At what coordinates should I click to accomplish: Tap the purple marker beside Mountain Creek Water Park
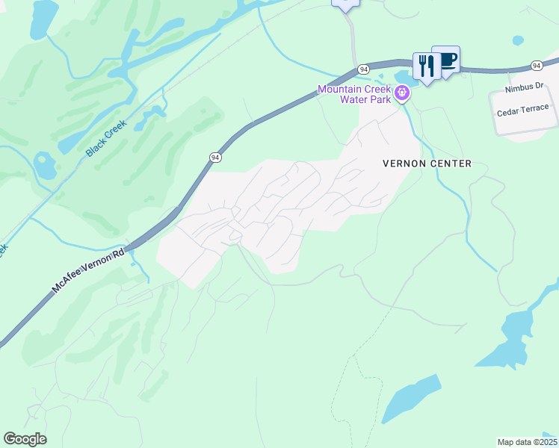(402, 93)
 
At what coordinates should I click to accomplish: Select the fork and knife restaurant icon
(426, 66)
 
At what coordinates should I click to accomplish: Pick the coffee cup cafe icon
(447, 60)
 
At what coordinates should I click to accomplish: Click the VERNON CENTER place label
(427, 164)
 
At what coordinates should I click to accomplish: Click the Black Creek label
(105, 138)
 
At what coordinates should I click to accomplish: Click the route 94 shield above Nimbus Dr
(537, 66)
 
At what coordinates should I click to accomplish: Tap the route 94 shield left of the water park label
(363, 69)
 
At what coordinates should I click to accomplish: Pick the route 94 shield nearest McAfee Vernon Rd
(215, 158)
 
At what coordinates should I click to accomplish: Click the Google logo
(25, 439)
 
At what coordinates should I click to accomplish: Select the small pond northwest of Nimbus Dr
(518, 40)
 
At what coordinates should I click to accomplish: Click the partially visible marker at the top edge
(345, 4)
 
